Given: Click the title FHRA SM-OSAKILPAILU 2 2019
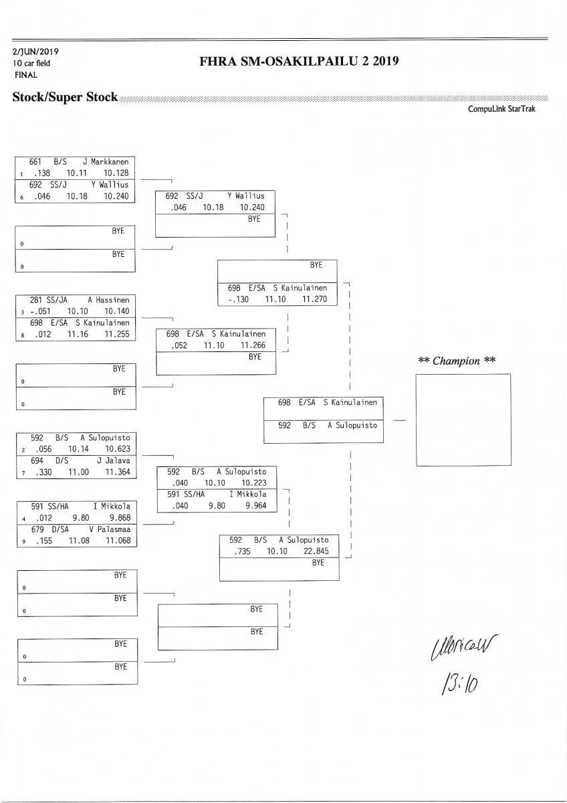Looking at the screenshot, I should coord(299,62).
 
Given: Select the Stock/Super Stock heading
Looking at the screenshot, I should coord(65,98).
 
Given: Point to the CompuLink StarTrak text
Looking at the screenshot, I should coord(506,108).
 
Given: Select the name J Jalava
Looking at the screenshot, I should coord(113,461).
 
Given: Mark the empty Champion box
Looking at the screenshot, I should coord(463,420).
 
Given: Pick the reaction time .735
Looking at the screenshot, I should coord(242,551).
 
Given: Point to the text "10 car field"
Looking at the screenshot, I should coord(31,64).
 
